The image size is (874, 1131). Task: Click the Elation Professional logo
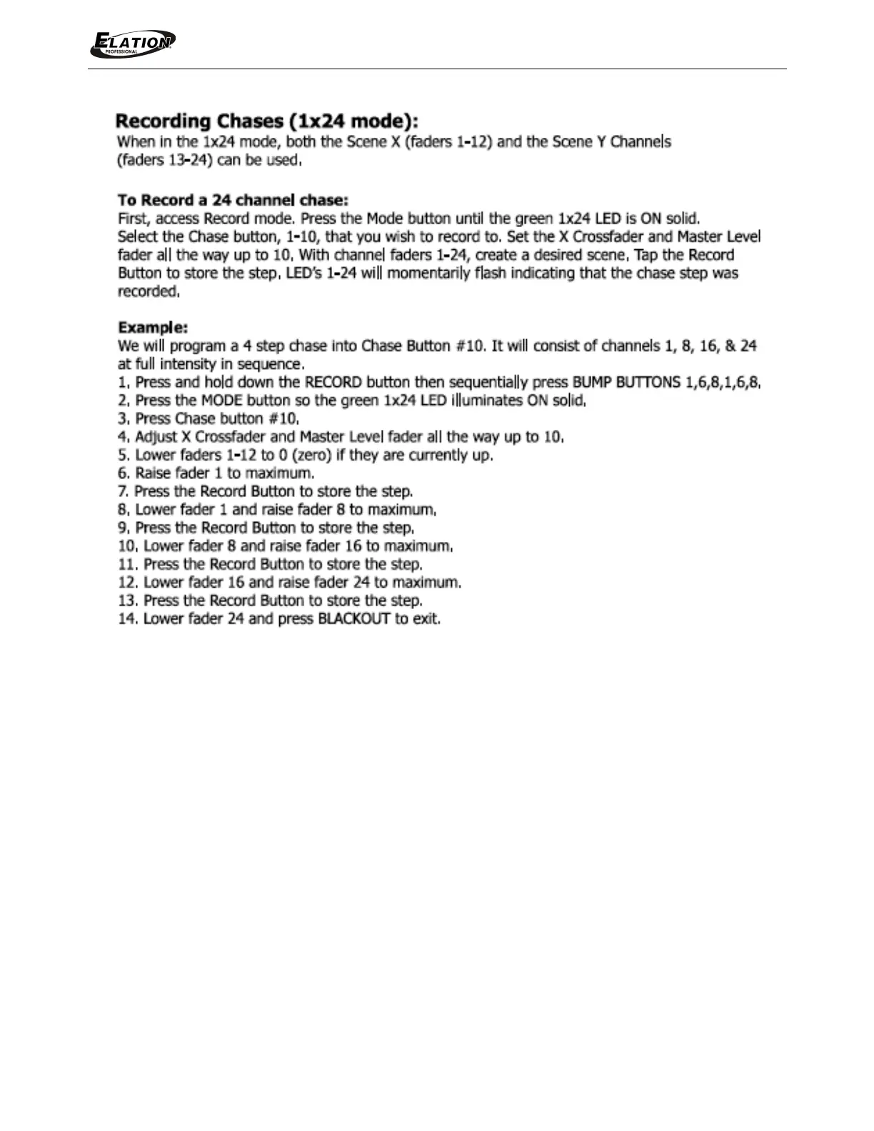click(133, 44)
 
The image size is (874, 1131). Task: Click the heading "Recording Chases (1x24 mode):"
click(267, 121)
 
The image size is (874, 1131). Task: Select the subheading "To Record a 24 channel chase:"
click(233, 200)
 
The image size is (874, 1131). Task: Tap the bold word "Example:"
click(153, 328)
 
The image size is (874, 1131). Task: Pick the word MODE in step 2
click(222, 401)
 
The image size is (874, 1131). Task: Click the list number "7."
click(123, 492)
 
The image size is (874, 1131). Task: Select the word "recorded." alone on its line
click(149, 291)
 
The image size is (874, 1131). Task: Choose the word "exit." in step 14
click(426, 619)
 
